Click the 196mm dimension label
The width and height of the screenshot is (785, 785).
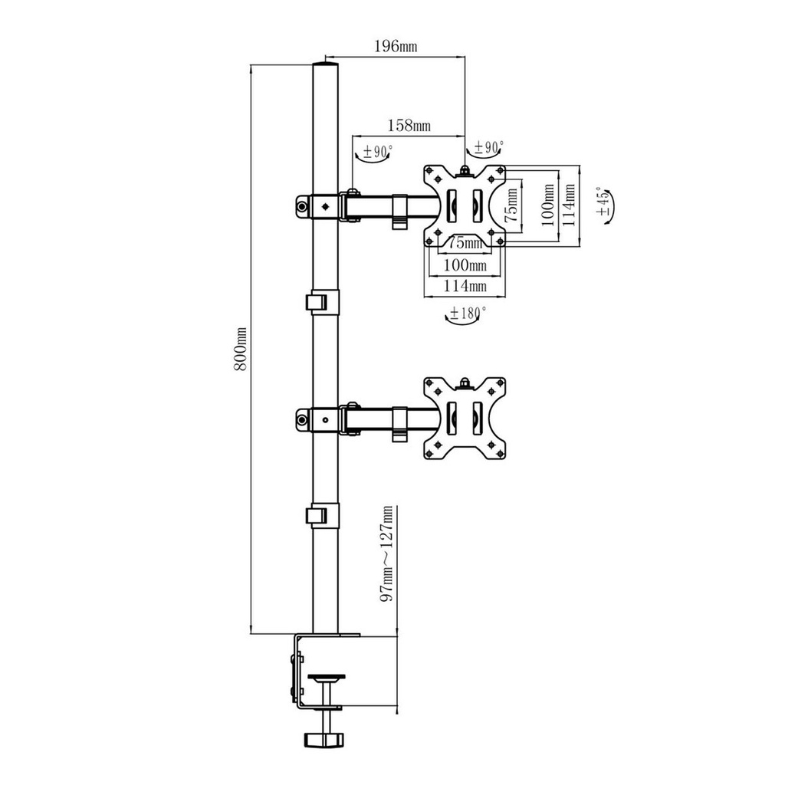point(395,47)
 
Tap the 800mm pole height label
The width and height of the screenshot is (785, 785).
point(240,349)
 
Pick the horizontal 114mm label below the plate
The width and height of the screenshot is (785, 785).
point(466,286)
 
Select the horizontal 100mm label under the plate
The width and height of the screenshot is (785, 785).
point(466,266)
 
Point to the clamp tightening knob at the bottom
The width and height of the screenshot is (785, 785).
point(325,739)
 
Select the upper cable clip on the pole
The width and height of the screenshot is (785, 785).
point(321,301)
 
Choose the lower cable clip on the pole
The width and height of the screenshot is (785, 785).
point(321,514)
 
